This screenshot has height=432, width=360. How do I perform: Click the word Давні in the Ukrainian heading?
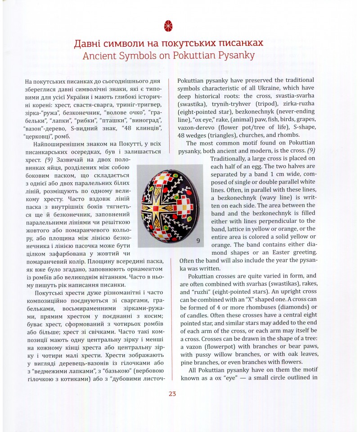pos(90,44)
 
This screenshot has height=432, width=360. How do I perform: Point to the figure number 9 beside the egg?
pos(198,241)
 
